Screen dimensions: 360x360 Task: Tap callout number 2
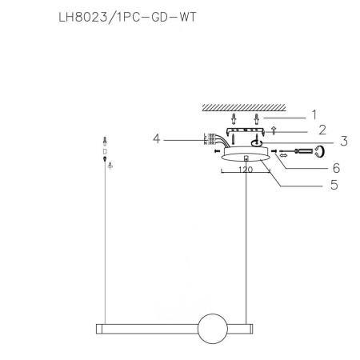point(322,129)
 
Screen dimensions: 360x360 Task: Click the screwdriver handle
point(307,150)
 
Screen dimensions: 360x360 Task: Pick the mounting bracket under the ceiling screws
point(244,131)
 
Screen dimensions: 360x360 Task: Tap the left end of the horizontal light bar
point(98,329)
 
